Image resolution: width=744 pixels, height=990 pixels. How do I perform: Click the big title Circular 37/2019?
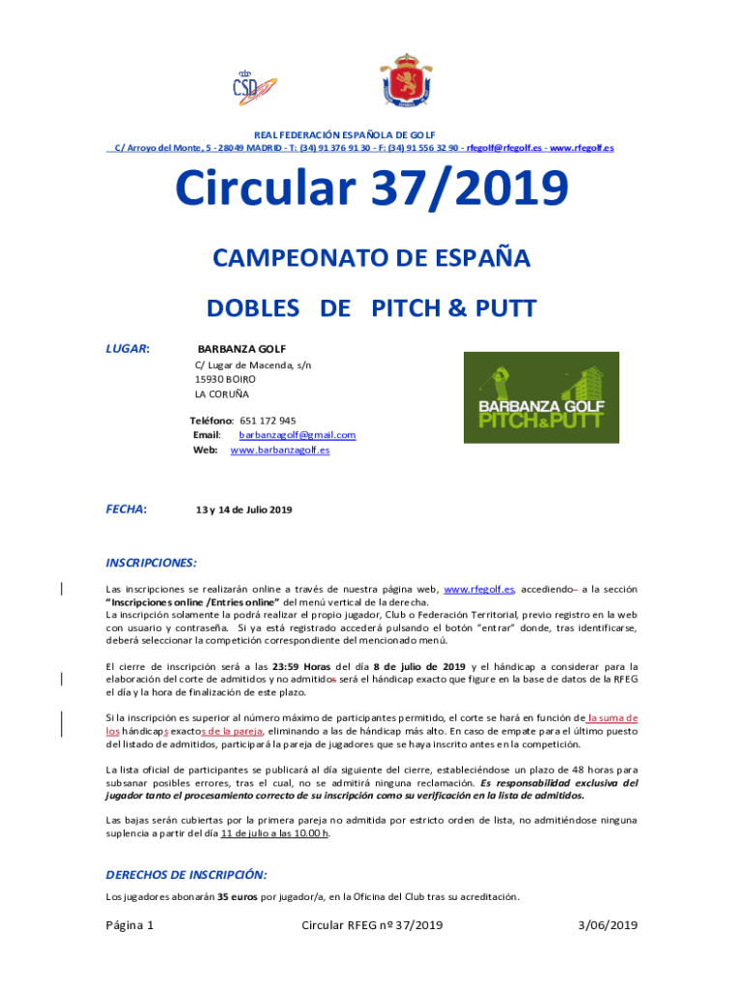(372, 190)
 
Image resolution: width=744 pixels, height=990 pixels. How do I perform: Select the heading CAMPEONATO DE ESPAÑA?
(372, 259)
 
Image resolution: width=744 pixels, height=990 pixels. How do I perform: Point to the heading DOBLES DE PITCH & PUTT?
(372, 308)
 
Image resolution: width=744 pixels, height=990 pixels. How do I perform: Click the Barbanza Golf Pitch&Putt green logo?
(541, 397)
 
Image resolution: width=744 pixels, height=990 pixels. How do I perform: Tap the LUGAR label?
(127, 348)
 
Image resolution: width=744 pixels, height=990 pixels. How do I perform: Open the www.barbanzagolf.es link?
(279, 450)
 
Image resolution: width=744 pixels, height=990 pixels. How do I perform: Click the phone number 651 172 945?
(268, 421)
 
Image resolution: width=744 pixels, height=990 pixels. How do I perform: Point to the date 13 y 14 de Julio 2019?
(243, 510)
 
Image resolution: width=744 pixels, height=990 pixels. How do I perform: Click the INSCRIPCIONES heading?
(151, 563)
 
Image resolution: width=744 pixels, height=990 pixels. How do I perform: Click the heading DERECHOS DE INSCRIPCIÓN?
(186, 875)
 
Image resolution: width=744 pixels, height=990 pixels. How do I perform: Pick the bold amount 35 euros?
(237, 897)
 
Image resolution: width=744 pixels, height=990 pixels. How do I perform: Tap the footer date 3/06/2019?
(608, 926)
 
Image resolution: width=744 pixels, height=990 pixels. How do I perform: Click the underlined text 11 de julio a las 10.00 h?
(275, 833)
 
